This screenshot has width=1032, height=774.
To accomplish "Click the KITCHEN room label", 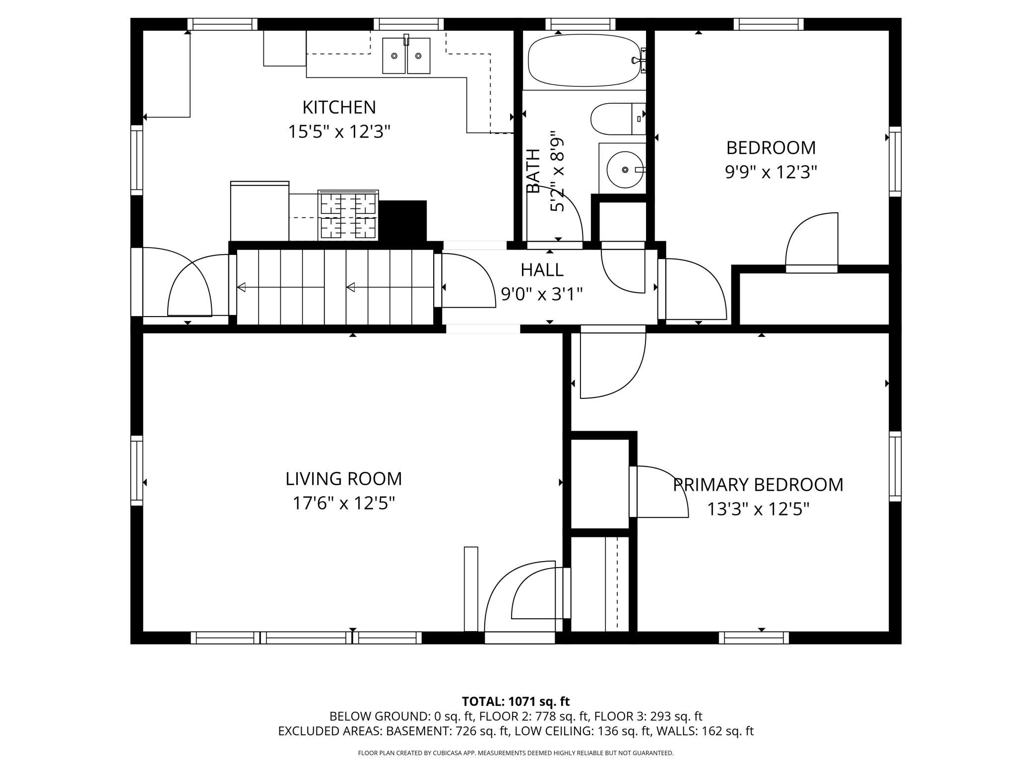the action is [339, 107].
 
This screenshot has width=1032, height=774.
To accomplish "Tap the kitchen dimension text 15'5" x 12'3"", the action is [339, 132].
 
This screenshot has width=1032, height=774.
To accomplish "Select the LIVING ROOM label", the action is [343, 479].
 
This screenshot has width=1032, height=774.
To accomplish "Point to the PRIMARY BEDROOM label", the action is [758, 485].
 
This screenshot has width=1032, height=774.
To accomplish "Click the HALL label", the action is [542, 270].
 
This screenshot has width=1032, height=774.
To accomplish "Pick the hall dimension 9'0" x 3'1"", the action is [542, 295].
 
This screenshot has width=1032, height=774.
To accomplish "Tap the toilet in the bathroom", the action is [618, 119].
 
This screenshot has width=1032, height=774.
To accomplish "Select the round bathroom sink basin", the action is [625, 170].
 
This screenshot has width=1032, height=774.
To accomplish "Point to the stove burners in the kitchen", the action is [348, 216].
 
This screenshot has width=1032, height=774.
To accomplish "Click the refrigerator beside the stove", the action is [259, 211].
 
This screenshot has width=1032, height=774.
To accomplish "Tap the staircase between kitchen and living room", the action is [335, 287].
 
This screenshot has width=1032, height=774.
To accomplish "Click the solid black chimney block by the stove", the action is [402, 221].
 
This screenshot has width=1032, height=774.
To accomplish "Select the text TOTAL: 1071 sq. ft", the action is [516, 702].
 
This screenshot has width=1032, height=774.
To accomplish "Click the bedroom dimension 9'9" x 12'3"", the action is [771, 172].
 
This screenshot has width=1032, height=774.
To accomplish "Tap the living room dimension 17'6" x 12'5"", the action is [343, 504].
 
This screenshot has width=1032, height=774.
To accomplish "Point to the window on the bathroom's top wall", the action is [580, 24].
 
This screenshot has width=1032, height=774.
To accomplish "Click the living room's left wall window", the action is [137, 470].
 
